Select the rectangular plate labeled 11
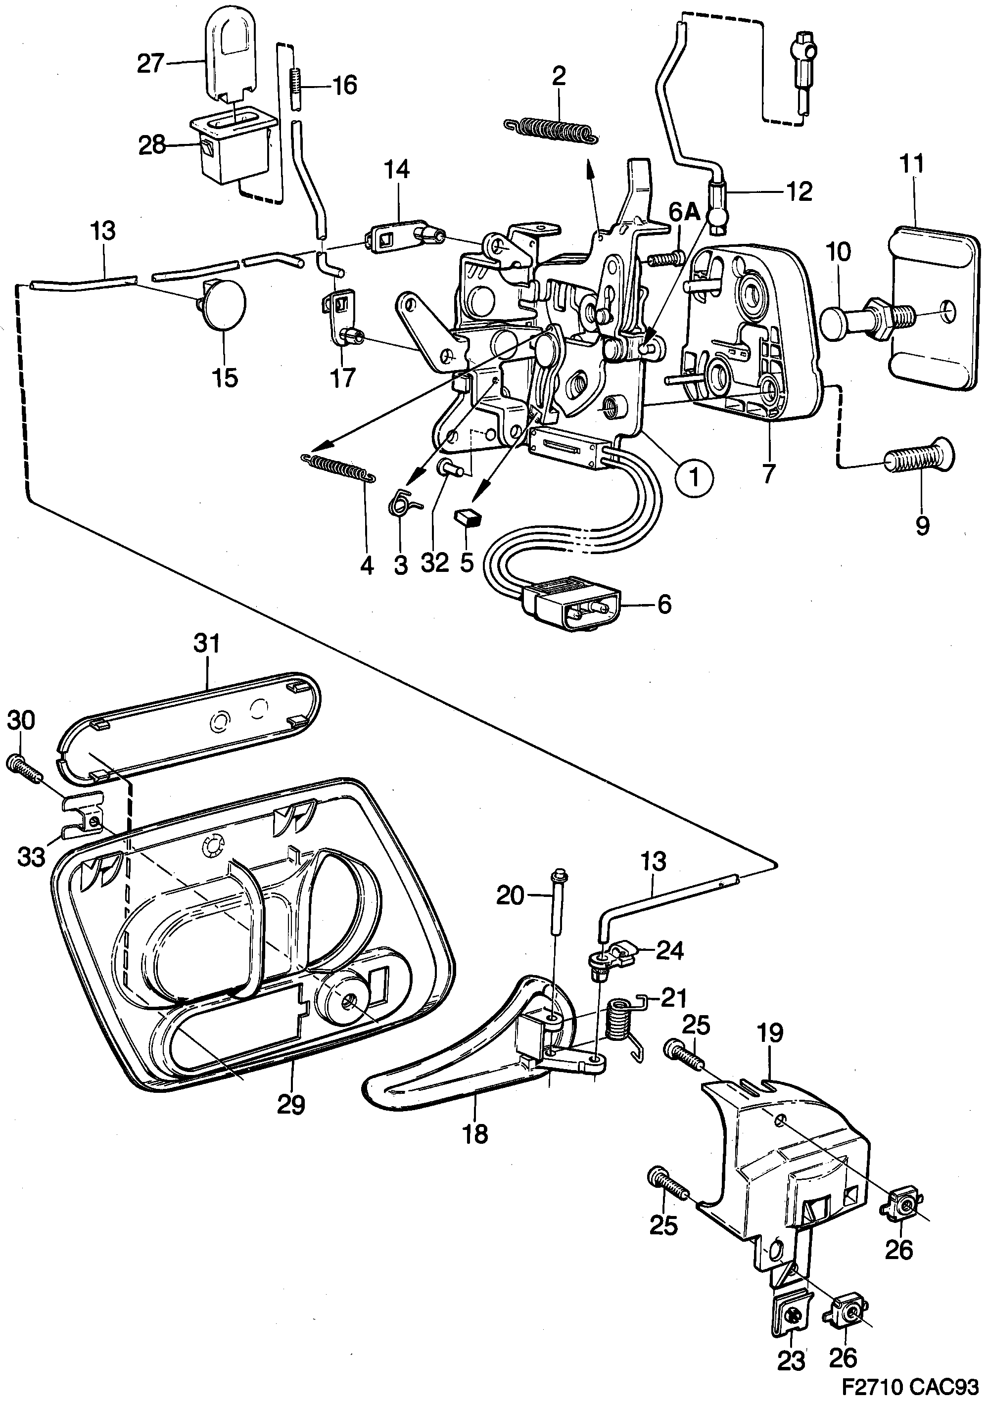pos(930,306)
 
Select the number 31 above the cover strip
pos(207,644)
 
